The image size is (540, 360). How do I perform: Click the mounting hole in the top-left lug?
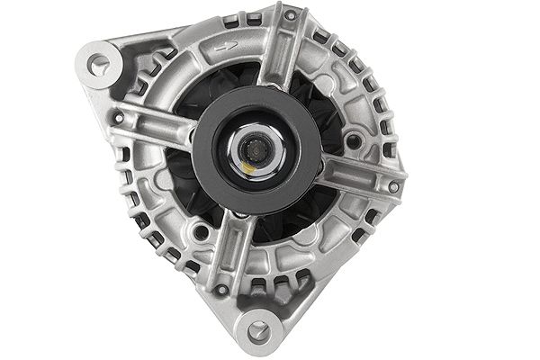98,63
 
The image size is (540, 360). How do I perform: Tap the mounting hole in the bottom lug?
258,329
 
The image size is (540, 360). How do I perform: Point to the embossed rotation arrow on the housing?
229,45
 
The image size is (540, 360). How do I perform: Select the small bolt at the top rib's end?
289,15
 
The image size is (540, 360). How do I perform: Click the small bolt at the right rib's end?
392,187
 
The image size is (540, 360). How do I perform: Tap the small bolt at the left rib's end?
118,118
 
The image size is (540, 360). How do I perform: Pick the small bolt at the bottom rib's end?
220,290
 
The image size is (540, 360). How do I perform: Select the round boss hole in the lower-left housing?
202,232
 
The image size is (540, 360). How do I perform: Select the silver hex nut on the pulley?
259,148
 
